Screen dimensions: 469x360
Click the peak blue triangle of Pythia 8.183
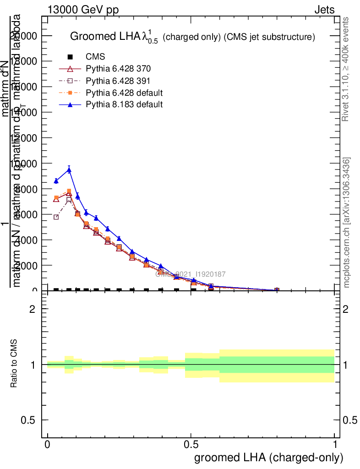pyautogui.click(x=69, y=170)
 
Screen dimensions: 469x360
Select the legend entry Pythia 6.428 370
pyautogui.click(x=118, y=69)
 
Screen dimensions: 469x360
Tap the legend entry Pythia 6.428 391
pyautogui.click(x=118, y=81)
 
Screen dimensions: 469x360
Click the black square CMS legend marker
pyautogui.click(x=70, y=57)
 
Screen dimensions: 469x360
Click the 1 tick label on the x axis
pyautogui.click(x=335, y=445)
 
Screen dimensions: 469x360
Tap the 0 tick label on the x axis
pyautogui.click(x=48, y=445)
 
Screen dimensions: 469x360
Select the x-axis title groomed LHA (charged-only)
pyautogui.click(x=269, y=458)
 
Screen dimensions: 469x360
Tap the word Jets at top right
pyautogui.click(x=324, y=10)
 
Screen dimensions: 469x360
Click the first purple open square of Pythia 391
pyautogui.click(x=56, y=217)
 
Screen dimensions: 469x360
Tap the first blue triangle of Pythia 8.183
pyautogui.click(x=56, y=181)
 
